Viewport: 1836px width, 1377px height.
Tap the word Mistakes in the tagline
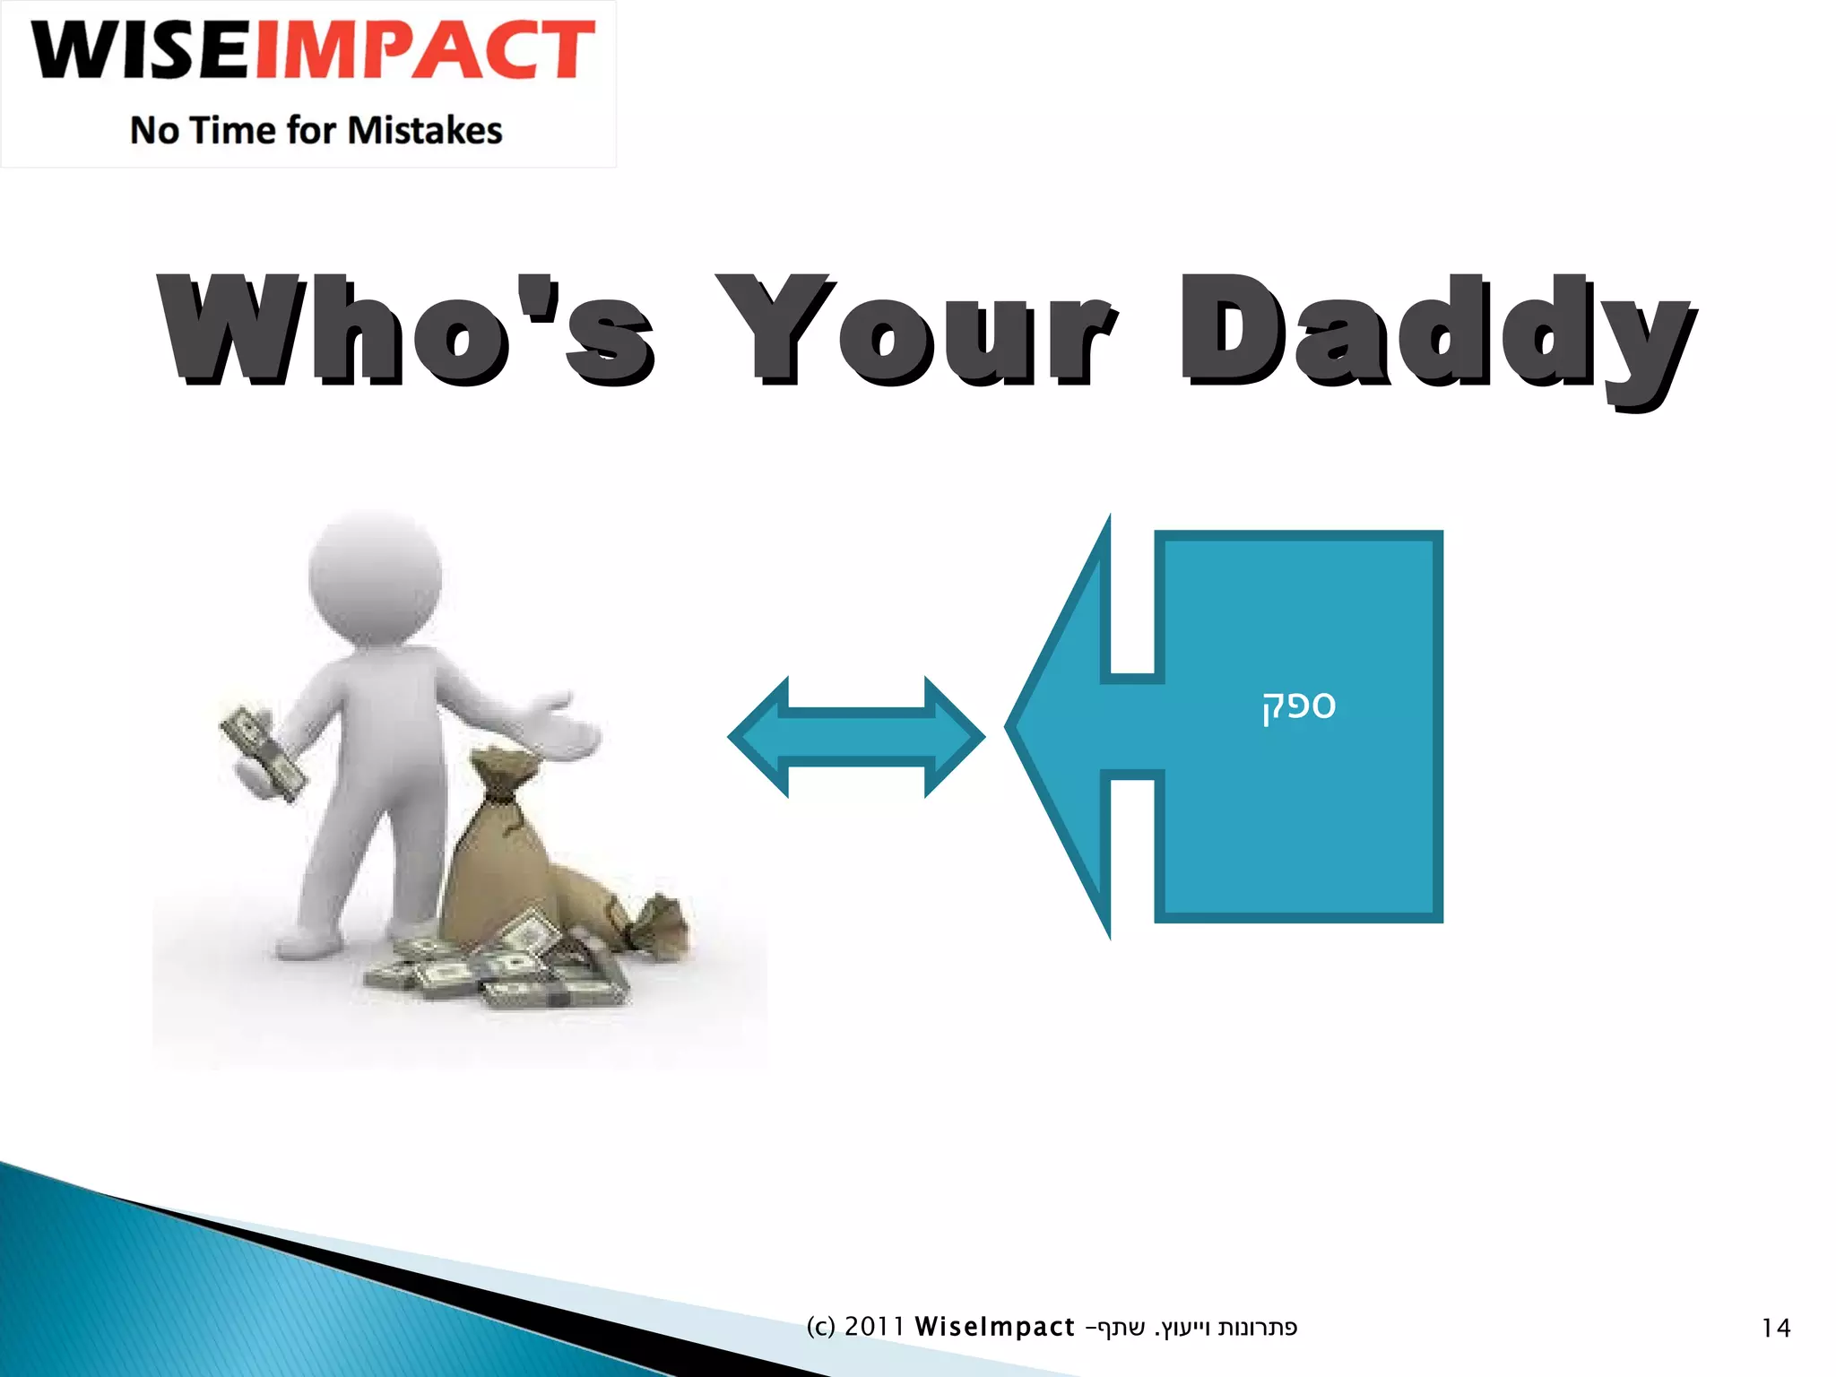point(425,131)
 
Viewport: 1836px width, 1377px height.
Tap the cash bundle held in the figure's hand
point(262,751)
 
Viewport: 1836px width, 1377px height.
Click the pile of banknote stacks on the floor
point(502,973)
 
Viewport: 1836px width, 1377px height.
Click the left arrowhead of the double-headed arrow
point(758,737)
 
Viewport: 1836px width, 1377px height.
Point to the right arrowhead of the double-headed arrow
point(955,737)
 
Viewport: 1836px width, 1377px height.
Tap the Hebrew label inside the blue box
point(1299,706)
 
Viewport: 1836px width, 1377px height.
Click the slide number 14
point(1775,1328)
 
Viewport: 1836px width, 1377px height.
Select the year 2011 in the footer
point(874,1327)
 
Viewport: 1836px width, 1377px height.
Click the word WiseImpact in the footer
point(994,1327)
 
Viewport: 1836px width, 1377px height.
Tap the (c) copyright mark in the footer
point(820,1327)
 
